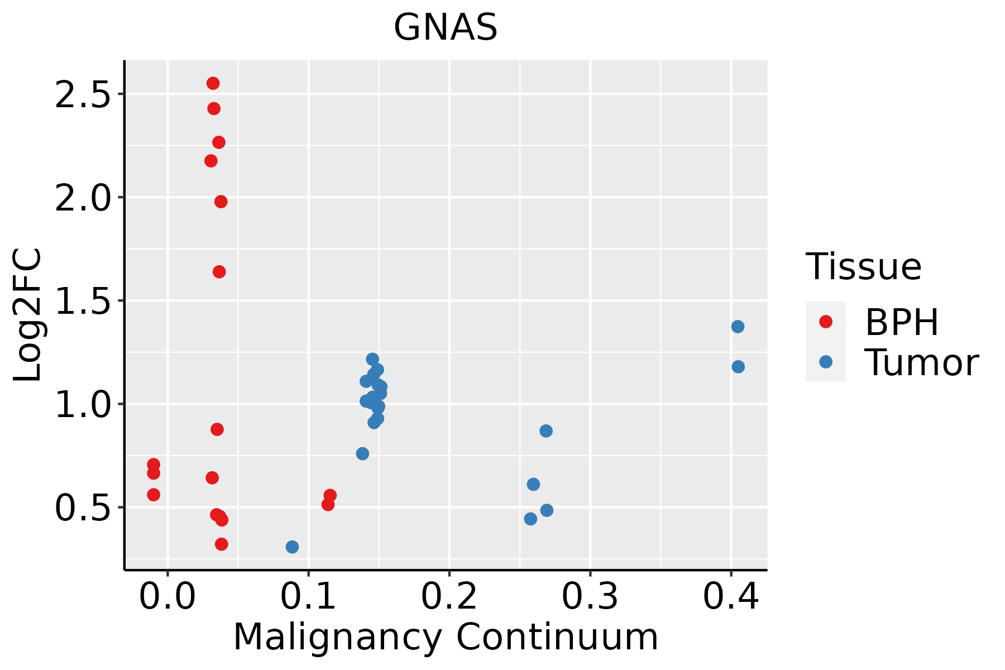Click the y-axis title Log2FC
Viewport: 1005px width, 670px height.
[28, 315]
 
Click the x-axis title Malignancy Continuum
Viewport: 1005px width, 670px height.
[446, 637]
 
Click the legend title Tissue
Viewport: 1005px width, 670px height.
[864, 267]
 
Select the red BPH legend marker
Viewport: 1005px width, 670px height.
[825, 322]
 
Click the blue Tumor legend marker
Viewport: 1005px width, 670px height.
[825, 362]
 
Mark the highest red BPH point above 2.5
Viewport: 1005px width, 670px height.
[213, 84]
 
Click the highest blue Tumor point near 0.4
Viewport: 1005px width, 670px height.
[738, 327]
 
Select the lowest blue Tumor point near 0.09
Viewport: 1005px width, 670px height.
[292, 547]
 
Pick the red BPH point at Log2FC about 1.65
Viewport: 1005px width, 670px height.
[219, 272]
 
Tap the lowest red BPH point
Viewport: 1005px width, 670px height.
[221, 544]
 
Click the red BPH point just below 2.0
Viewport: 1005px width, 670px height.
[221, 202]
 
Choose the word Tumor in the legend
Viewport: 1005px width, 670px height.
[921, 363]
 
